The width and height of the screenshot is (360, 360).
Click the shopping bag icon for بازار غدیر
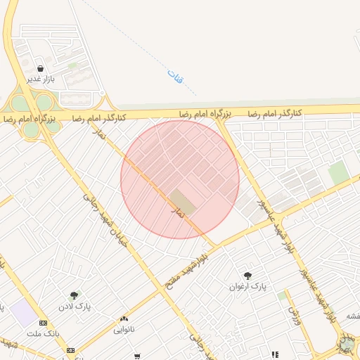click(41, 69)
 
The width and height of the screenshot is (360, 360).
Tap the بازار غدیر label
click(41, 79)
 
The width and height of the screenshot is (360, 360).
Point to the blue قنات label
click(174, 76)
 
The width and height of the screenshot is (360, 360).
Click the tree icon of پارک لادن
click(74, 295)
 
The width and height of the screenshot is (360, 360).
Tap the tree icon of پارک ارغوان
click(247, 275)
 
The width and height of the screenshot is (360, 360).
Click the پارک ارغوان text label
click(248, 286)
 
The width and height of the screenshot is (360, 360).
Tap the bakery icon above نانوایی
click(124, 319)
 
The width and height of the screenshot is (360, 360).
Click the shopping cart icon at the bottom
click(137, 356)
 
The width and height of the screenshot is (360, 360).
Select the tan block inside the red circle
click(184, 200)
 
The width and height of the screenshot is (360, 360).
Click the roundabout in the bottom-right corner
click(347, 345)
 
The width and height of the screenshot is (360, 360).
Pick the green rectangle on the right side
click(338, 172)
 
